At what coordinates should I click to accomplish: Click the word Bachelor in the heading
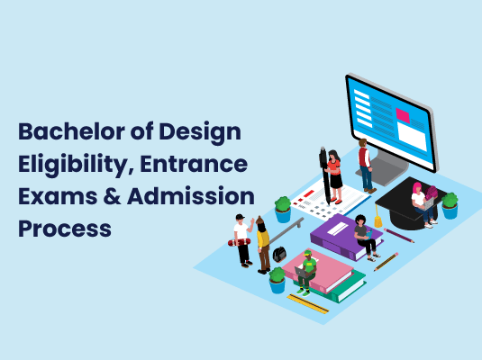pyautogui.click(x=66, y=132)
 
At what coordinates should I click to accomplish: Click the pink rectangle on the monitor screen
pyautogui.click(x=402, y=115)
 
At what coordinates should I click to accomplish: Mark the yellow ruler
pyautogui.click(x=307, y=303)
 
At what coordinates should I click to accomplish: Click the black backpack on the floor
pyautogui.click(x=279, y=254)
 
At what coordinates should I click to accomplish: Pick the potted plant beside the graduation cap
pyautogui.click(x=449, y=205)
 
